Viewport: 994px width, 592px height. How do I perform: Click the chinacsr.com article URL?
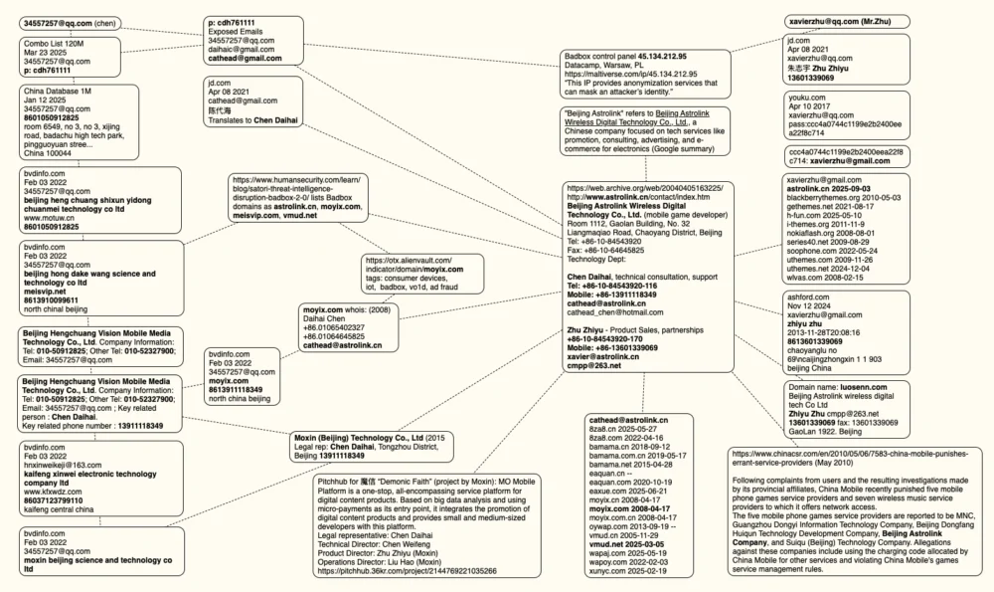[x=851, y=456]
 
